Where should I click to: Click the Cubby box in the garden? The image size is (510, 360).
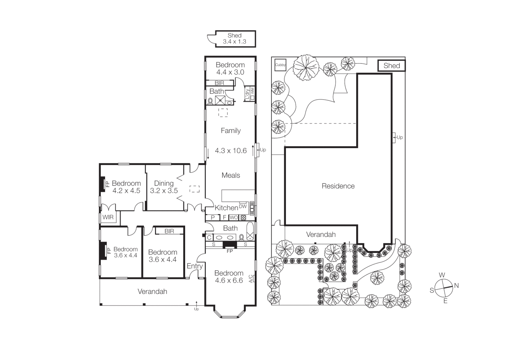click(x=280, y=65)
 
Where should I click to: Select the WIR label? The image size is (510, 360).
click(x=108, y=217)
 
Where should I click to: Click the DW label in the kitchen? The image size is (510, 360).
click(x=243, y=207)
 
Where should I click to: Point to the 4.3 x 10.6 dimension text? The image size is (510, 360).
click(x=230, y=151)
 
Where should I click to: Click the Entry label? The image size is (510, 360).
click(x=194, y=266)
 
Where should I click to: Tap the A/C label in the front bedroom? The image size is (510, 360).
click(x=251, y=279)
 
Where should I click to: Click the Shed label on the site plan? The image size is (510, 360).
click(x=392, y=66)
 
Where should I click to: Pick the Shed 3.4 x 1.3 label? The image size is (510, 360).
click(x=234, y=39)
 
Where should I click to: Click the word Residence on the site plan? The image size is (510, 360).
click(x=338, y=186)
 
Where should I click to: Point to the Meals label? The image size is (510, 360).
click(x=230, y=175)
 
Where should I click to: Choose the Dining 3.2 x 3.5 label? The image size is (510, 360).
click(x=164, y=187)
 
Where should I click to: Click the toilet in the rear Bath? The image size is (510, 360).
click(x=210, y=101)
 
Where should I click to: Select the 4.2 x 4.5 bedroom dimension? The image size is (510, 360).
click(x=126, y=191)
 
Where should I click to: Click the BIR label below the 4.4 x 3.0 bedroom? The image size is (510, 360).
click(x=219, y=83)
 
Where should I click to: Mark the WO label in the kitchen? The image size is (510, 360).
click(x=234, y=218)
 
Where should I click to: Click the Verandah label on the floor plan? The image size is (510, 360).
click(x=152, y=292)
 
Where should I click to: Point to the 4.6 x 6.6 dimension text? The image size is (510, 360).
click(x=229, y=281)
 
